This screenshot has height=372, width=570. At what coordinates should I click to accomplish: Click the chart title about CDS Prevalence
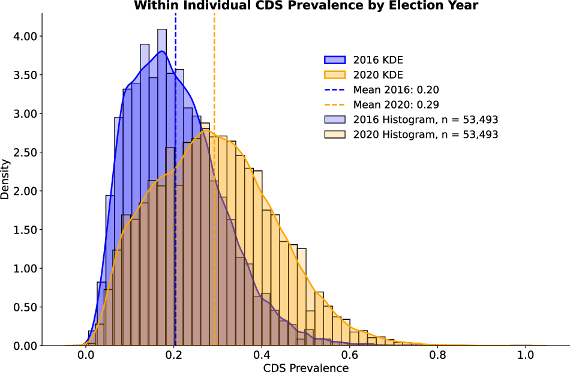click(x=305, y=6)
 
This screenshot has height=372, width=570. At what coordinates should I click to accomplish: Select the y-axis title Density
click(x=5, y=178)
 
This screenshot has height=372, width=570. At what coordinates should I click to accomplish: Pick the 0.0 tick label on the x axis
click(x=86, y=354)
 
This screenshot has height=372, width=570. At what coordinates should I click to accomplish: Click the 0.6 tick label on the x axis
click(x=350, y=354)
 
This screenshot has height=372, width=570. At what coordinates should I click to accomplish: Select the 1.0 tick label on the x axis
click(x=526, y=354)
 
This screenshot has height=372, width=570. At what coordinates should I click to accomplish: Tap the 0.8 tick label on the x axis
click(x=438, y=354)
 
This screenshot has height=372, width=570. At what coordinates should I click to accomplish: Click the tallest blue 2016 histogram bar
click(x=162, y=180)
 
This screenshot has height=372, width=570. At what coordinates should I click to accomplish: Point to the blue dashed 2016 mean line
click(x=175, y=36)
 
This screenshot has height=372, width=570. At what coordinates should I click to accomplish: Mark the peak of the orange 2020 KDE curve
click(x=206, y=130)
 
